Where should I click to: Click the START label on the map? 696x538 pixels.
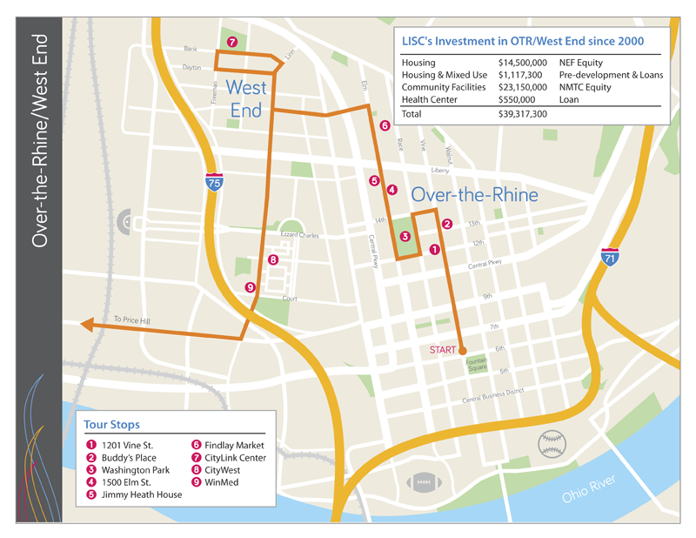pos(443,350)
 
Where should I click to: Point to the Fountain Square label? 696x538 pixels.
pos(476,365)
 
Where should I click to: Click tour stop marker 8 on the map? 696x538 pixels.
pos(273,259)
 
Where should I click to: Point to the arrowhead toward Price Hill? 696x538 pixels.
pos(88,326)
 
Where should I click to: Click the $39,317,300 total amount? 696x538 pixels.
pos(522,114)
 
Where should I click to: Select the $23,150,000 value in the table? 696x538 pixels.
pos(522,88)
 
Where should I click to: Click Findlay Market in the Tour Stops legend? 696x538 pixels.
pos(235,445)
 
